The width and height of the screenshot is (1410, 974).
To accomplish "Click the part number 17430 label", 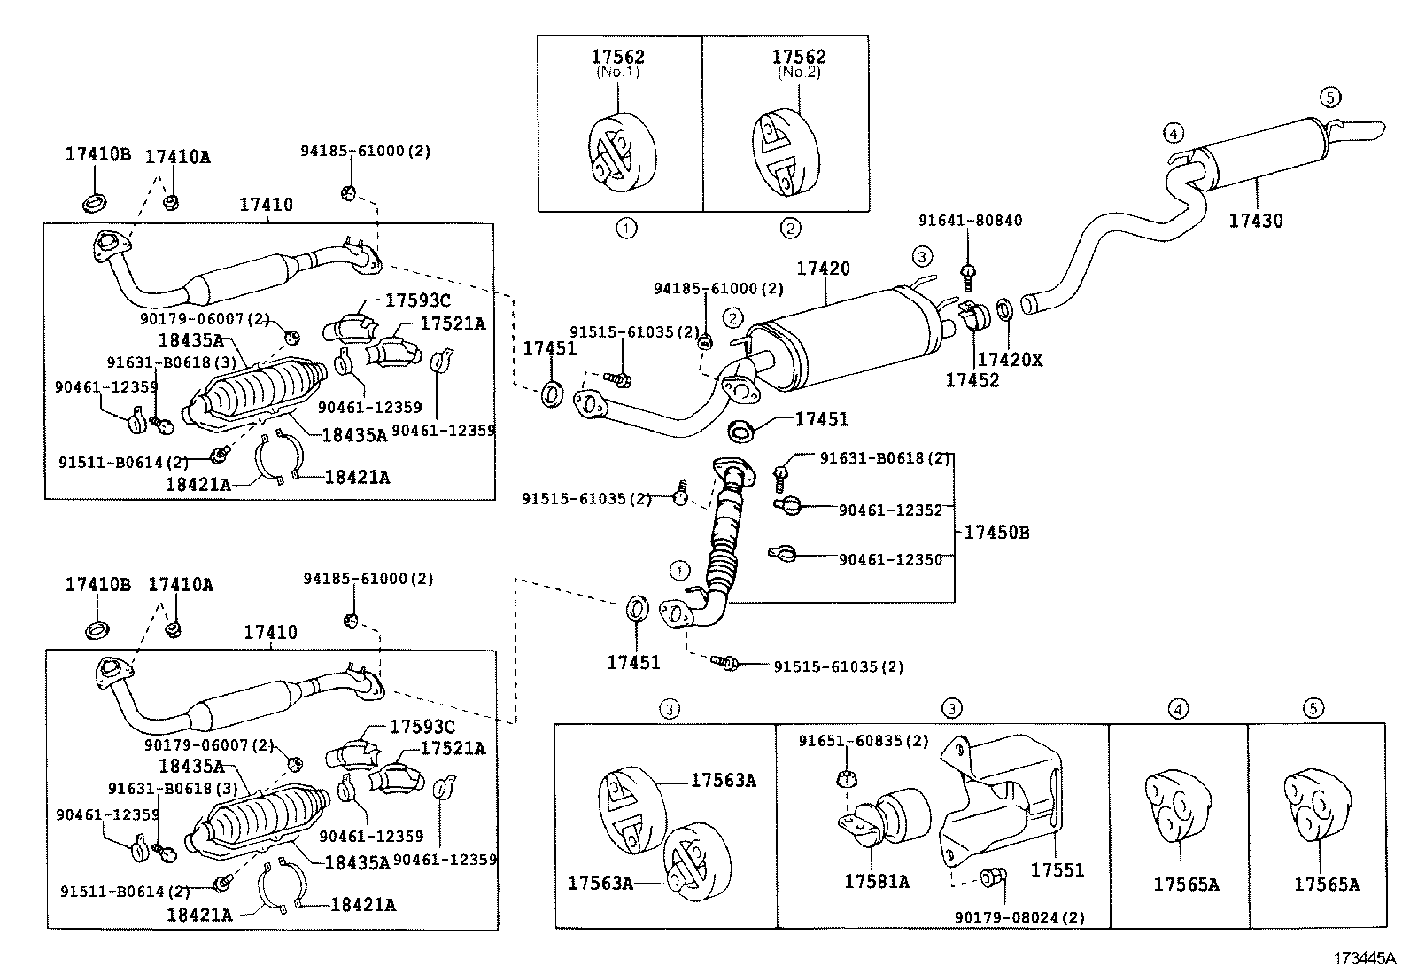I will pyautogui.click(x=1255, y=221).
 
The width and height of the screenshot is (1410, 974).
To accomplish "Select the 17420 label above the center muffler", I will pyautogui.click(x=823, y=269).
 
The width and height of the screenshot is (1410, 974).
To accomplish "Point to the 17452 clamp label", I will pyautogui.click(x=972, y=380).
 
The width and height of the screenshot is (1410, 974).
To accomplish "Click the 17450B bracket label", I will pyautogui.click(x=996, y=533).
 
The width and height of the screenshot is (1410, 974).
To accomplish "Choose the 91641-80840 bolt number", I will pyautogui.click(x=970, y=221).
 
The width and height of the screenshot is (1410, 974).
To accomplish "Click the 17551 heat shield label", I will pyautogui.click(x=1057, y=869).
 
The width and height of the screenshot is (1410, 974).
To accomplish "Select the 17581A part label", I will pyautogui.click(x=876, y=881).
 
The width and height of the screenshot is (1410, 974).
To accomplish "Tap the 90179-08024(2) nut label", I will pyautogui.click(x=1019, y=917).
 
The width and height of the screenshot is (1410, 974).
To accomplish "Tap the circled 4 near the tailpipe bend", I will pyautogui.click(x=1173, y=134).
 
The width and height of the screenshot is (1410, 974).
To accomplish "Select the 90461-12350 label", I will pyautogui.click(x=891, y=559).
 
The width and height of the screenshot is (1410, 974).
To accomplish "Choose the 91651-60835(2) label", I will pyautogui.click(x=864, y=741).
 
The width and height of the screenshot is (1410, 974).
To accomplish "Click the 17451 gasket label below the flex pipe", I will pyautogui.click(x=633, y=662).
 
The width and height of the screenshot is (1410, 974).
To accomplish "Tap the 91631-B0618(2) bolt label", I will pyautogui.click(x=884, y=458).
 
